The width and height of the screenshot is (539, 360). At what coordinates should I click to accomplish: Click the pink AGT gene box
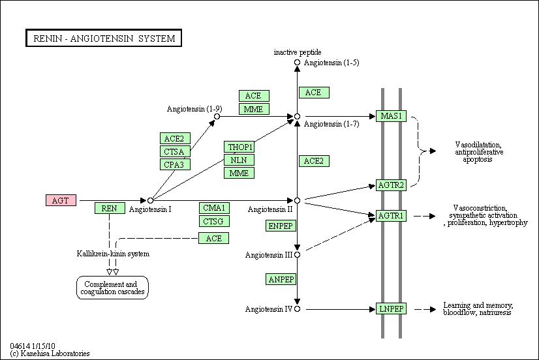click(61, 200)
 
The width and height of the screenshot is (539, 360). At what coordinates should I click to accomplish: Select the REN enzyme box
click(110, 208)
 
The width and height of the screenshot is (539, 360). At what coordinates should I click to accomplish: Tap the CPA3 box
click(175, 164)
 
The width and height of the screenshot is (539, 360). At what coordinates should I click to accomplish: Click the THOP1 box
click(239, 147)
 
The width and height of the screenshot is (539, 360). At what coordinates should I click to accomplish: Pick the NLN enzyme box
click(239, 160)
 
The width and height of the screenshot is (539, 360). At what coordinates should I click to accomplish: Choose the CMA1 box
click(214, 208)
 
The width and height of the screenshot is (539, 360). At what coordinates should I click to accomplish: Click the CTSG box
click(214, 221)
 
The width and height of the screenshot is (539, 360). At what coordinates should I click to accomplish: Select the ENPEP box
click(281, 226)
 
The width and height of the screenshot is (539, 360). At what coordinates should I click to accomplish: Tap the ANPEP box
click(281, 279)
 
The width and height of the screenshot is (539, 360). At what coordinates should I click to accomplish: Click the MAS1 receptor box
click(391, 116)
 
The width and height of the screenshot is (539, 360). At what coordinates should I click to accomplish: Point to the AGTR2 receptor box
click(391, 185)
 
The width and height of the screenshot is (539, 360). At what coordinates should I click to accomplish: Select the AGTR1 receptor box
click(391, 216)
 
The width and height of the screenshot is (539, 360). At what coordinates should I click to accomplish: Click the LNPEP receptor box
click(391, 309)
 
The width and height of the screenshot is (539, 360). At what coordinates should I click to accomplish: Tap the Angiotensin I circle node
click(150, 200)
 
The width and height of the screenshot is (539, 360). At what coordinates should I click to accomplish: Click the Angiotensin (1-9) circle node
click(217, 117)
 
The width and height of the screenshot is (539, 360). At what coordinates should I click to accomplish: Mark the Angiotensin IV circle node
click(298, 309)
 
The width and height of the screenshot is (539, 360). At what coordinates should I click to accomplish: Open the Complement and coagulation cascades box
click(112, 288)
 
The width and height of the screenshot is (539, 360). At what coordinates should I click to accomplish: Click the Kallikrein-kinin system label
click(113, 254)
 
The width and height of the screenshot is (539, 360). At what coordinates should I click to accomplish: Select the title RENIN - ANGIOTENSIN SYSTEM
click(104, 38)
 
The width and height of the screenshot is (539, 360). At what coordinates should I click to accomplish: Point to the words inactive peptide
click(298, 52)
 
